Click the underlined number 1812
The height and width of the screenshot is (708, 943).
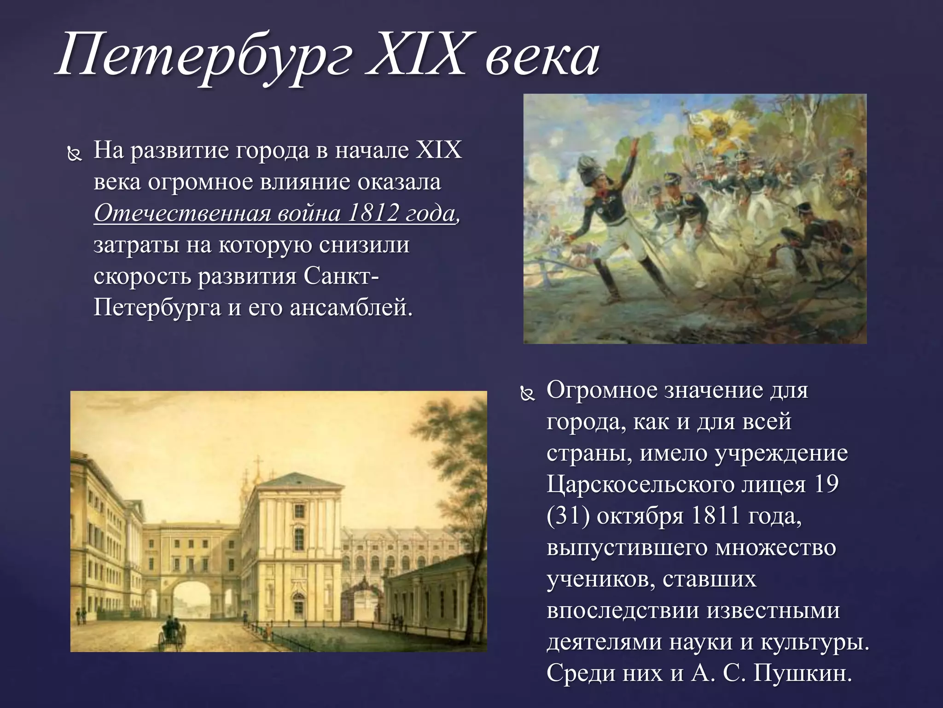373,213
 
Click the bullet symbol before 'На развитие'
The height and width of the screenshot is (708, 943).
74,155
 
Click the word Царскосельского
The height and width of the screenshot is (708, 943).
650,484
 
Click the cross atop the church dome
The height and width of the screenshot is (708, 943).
258,462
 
